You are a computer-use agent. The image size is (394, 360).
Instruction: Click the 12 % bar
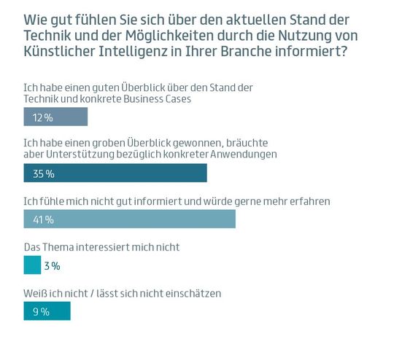(55, 117)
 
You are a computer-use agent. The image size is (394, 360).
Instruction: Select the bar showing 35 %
(115, 173)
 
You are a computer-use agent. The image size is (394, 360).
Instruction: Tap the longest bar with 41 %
(129, 219)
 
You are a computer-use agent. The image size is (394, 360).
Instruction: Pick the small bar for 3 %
(32, 266)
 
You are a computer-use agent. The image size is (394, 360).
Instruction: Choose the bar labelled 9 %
(47, 311)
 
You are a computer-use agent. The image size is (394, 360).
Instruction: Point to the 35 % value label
(44, 174)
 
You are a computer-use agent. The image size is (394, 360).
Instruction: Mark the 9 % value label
(41, 312)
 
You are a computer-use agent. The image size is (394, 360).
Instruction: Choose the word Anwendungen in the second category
(247, 155)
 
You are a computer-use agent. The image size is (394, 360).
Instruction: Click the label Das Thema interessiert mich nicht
(101, 247)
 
